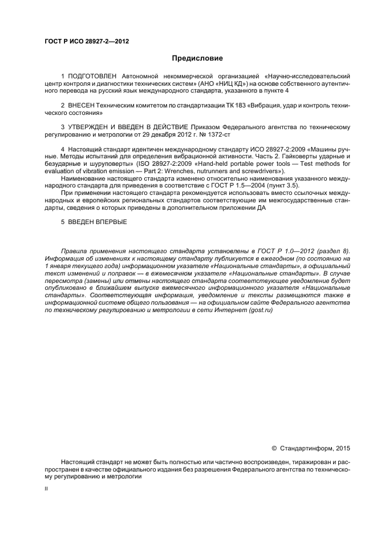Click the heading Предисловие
pyautogui.click(x=197, y=58)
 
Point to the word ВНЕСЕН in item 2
pyautogui.click(x=83, y=106)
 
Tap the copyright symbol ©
pyautogui.click(x=273, y=449)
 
